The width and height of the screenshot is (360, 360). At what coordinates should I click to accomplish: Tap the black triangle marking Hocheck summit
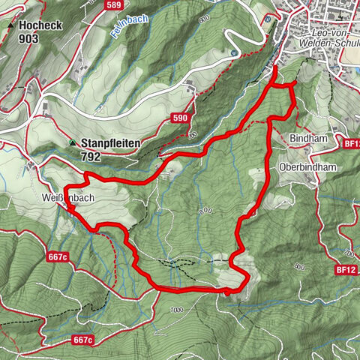click(10, 25)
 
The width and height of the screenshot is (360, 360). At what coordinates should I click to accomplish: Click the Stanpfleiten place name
click(112, 142)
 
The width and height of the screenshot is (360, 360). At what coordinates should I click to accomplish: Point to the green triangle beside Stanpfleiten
click(73, 142)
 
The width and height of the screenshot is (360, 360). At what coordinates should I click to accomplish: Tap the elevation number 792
click(91, 157)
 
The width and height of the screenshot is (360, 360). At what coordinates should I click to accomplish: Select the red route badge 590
click(180, 118)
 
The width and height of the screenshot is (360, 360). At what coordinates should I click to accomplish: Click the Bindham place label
click(305, 139)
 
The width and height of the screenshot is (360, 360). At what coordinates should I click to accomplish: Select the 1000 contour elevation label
click(176, 309)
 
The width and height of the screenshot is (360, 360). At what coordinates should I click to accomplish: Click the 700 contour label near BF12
click(349, 252)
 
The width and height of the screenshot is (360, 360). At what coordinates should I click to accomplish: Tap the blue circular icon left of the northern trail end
click(235, 53)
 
